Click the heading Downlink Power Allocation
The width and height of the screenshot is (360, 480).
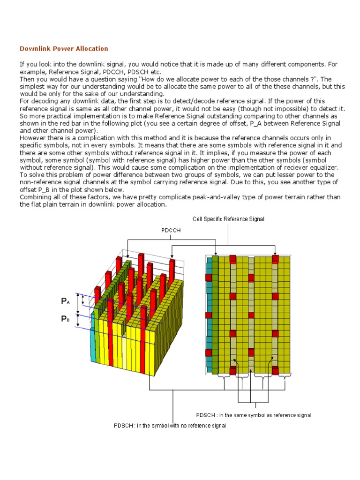coord(64,49)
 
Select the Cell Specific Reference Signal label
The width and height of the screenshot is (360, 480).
coord(228,219)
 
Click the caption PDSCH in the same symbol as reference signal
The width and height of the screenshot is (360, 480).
coord(254,415)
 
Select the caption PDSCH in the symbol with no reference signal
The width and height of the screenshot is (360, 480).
coord(170,426)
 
